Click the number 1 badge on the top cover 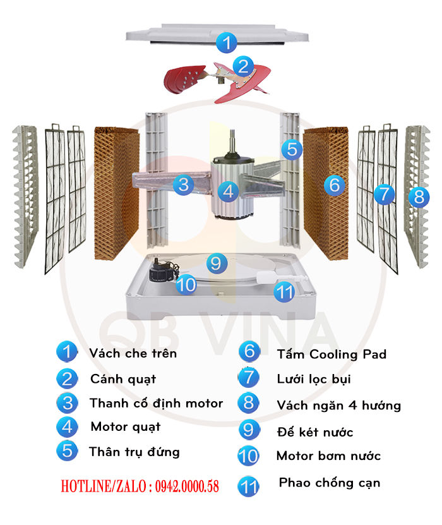pyautogui.click(x=226, y=43)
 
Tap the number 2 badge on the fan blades pyautogui.click(x=243, y=65)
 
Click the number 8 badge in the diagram pyautogui.click(x=418, y=195)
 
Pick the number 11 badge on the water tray pyautogui.click(x=285, y=291)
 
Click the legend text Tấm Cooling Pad pyautogui.click(x=331, y=354)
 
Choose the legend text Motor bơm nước pyautogui.click(x=328, y=456)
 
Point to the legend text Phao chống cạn pyautogui.click(x=329, y=483)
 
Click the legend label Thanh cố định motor pyautogui.click(x=156, y=403)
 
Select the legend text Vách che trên pyautogui.click(x=133, y=353)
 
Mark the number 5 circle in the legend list pyautogui.click(x=67, y=450)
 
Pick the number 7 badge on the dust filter pyautogui.click(x=384, y=193)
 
